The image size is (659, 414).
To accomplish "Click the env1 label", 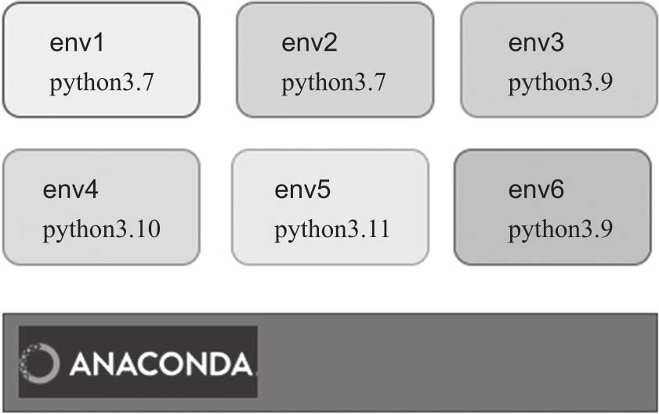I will pos(77,43).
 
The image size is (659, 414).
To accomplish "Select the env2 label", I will pos(309,43).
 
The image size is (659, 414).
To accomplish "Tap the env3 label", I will pos(536,43).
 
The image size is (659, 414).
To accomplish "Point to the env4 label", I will pos(71,190).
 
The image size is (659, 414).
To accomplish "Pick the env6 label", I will pos(536,190).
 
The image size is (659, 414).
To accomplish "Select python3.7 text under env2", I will pos(334,83).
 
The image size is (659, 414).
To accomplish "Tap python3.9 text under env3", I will pos(560,83).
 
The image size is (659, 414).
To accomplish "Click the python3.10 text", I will pos(102,230).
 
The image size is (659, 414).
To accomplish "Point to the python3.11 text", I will pos(332,230).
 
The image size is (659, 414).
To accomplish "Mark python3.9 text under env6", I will pos(560,230).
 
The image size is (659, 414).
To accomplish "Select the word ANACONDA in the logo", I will pos(161,363).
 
